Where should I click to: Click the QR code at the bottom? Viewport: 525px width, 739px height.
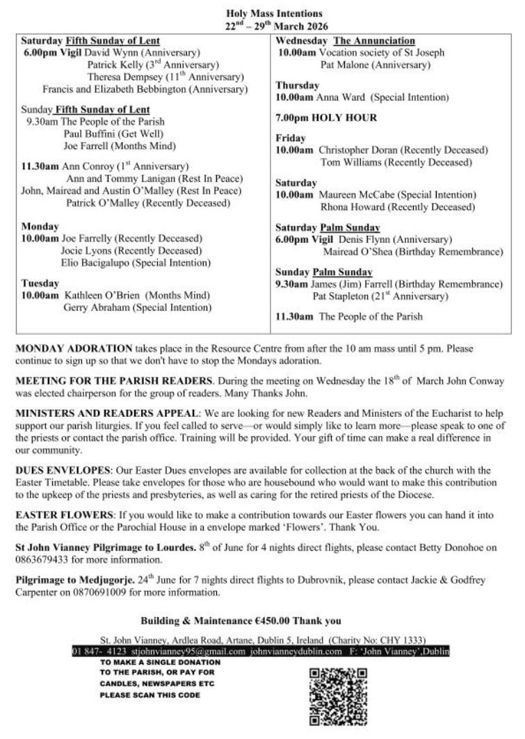coord(337,697)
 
